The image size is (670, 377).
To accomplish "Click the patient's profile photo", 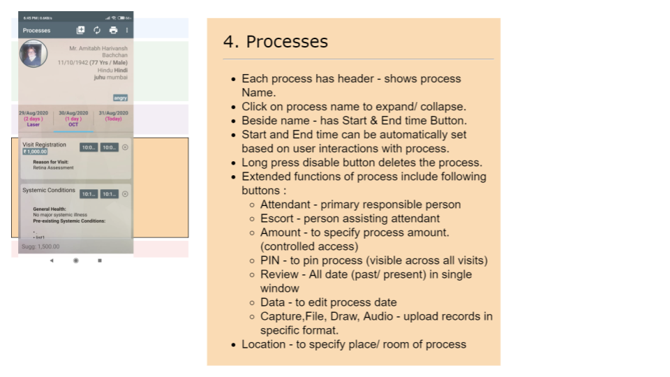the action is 33,54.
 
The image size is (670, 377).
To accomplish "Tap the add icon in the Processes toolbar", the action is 80,30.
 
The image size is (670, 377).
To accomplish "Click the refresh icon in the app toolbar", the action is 97,30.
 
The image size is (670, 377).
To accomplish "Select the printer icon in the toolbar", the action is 113,30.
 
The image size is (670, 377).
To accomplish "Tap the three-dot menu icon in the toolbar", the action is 127,30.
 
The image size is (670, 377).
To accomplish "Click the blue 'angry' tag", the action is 120,98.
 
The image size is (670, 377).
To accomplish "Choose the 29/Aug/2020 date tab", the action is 34,118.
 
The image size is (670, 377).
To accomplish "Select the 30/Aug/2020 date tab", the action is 73,118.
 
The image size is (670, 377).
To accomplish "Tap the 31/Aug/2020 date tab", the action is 112,118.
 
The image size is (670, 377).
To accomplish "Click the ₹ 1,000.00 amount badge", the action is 35,151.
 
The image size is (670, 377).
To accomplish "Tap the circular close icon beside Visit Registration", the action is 125,147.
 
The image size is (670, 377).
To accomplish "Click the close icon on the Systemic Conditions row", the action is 125,193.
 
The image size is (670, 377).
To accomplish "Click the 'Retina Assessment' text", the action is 53,168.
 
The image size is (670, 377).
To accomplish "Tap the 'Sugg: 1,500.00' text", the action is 40,246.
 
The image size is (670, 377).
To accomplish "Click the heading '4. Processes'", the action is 275,42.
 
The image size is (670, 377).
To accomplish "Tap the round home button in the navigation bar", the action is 75,260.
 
